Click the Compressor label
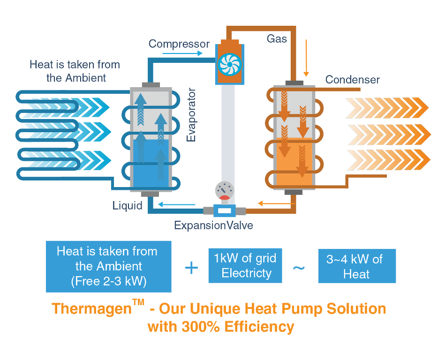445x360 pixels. click(x=179, y=44)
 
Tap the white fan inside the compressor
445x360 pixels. click(x=230, y=65)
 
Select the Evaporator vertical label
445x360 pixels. click(x=191, y=115)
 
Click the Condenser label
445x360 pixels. click(x=352, y=79)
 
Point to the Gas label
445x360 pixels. click(x=277, y=38)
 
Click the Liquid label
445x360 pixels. click(x=127, y=205)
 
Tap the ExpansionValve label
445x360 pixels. click(x=213, y=225)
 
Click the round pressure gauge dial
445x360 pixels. click(x=225, y=190)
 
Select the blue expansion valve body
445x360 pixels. click(x=224, y=211)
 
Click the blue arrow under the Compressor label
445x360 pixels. click(x=182, y=53)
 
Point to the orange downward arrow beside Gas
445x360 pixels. click(x=306, y=58)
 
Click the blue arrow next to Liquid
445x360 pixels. click(x=176, y=204)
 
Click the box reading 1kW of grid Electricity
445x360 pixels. click(x=245, y=265)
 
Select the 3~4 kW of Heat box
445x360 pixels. click(x=357, y=266)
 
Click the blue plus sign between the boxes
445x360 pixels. click(x=192, y=268)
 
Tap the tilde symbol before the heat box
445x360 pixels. click(x=299, y=268)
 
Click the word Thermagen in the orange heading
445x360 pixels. click(x=91, y=308)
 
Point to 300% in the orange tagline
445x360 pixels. click(x=200, y=327)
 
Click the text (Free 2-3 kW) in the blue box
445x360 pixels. click(x=109, y=281)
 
